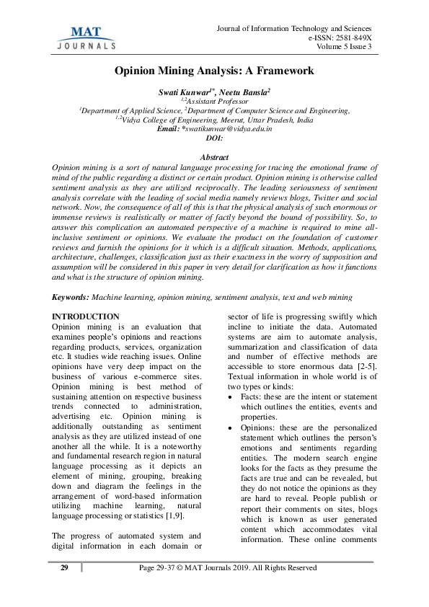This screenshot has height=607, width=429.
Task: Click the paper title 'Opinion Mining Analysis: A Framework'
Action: [x=214, y=71]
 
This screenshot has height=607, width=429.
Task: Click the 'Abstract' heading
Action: [x=214, y=157]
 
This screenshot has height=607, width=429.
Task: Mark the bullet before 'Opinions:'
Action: [x=230, y=428]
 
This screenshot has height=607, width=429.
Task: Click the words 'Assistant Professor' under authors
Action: [x=214, y=102]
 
